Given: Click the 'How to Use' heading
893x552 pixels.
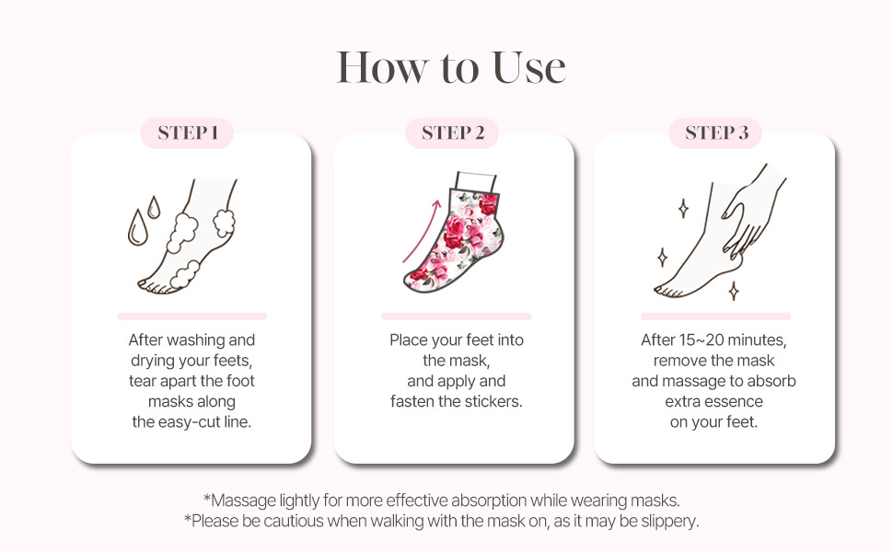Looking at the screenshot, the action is (450, 68).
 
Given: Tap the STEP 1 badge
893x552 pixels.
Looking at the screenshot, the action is (188, 133).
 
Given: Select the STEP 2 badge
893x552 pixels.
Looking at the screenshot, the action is (452, 133).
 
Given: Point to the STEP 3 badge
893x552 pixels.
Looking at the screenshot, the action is (716, 133).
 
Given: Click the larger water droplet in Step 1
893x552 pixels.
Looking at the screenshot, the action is (136, 227).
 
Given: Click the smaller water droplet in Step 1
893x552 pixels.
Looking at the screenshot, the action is (154, 208).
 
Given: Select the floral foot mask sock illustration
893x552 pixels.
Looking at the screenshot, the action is (454, 232).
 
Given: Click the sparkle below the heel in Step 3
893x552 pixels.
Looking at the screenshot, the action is (734, 291).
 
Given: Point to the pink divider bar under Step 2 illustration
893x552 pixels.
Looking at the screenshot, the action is (457, 316).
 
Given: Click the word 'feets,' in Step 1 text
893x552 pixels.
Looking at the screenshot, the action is (232, 361).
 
